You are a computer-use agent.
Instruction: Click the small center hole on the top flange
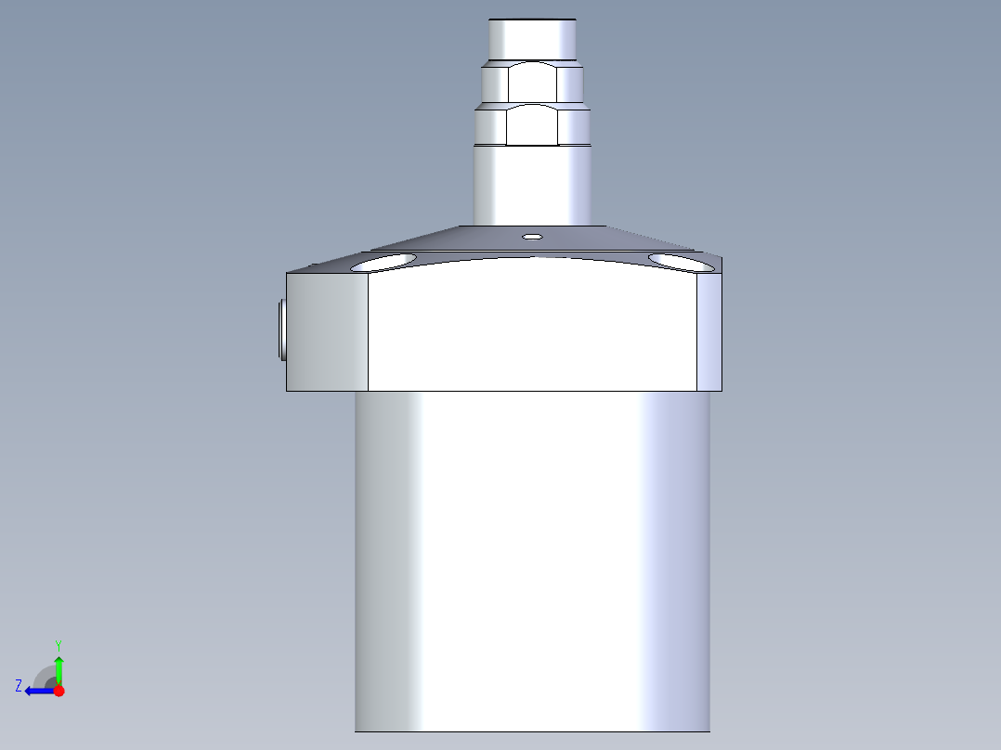pos(532,237)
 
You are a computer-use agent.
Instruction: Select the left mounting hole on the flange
pos(383,263)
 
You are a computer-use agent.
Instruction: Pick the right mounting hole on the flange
pos(681,263)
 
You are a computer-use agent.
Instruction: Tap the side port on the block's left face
pos(282,330)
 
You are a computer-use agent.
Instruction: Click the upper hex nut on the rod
pos(532,82)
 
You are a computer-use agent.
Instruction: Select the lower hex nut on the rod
pos(532,124)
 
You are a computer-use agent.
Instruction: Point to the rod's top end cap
pos(532,40)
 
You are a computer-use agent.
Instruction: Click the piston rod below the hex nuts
pos(532,185)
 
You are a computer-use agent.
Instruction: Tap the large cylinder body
pos(532,561)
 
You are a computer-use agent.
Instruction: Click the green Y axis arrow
pos(58,670)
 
